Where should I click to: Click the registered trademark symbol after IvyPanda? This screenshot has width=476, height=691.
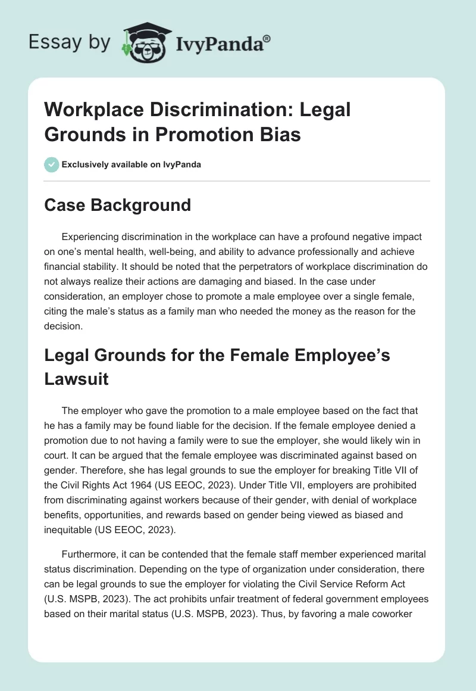pos(267,39)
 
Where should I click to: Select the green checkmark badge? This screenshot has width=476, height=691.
pos(51,164)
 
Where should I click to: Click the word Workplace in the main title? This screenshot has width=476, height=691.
pos(96,110)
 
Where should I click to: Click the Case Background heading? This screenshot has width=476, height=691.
pos(118,205)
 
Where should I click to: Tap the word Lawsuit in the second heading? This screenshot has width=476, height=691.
pos(77,379)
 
